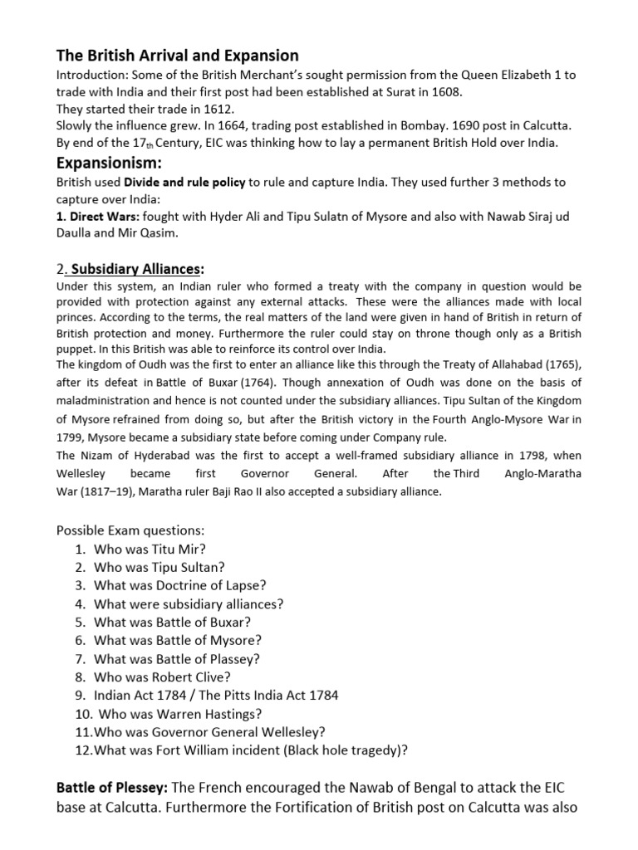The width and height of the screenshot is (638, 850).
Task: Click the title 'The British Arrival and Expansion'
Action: pos(177,56)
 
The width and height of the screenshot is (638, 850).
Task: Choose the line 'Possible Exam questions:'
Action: pos(130,530)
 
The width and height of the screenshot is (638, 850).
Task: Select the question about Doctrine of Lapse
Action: pos(180,585)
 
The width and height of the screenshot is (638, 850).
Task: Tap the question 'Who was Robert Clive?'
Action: pos(163,677)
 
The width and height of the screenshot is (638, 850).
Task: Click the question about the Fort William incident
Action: pos(251,750)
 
